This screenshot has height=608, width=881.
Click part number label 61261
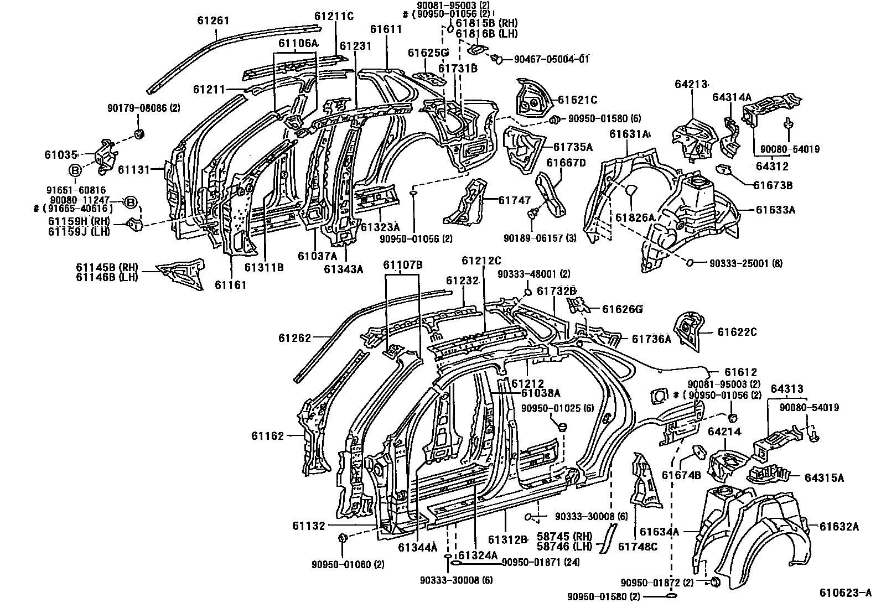[x=213, y=21]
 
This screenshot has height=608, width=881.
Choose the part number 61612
[x=740, y=372]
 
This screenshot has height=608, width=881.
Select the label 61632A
[x=839, y=527]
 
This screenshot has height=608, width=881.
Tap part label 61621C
[x=577, y=100]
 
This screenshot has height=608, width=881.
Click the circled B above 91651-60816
[x=76, y=170]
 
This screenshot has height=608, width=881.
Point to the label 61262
[x=295, y=337]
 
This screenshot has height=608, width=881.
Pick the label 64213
[x=691, y=84]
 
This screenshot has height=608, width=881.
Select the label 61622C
[x=737, y=332]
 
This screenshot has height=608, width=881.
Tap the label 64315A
[x=824, y=477]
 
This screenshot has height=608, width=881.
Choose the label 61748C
[x=638, y=547]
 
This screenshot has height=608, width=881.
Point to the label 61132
[x=309, y=526]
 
